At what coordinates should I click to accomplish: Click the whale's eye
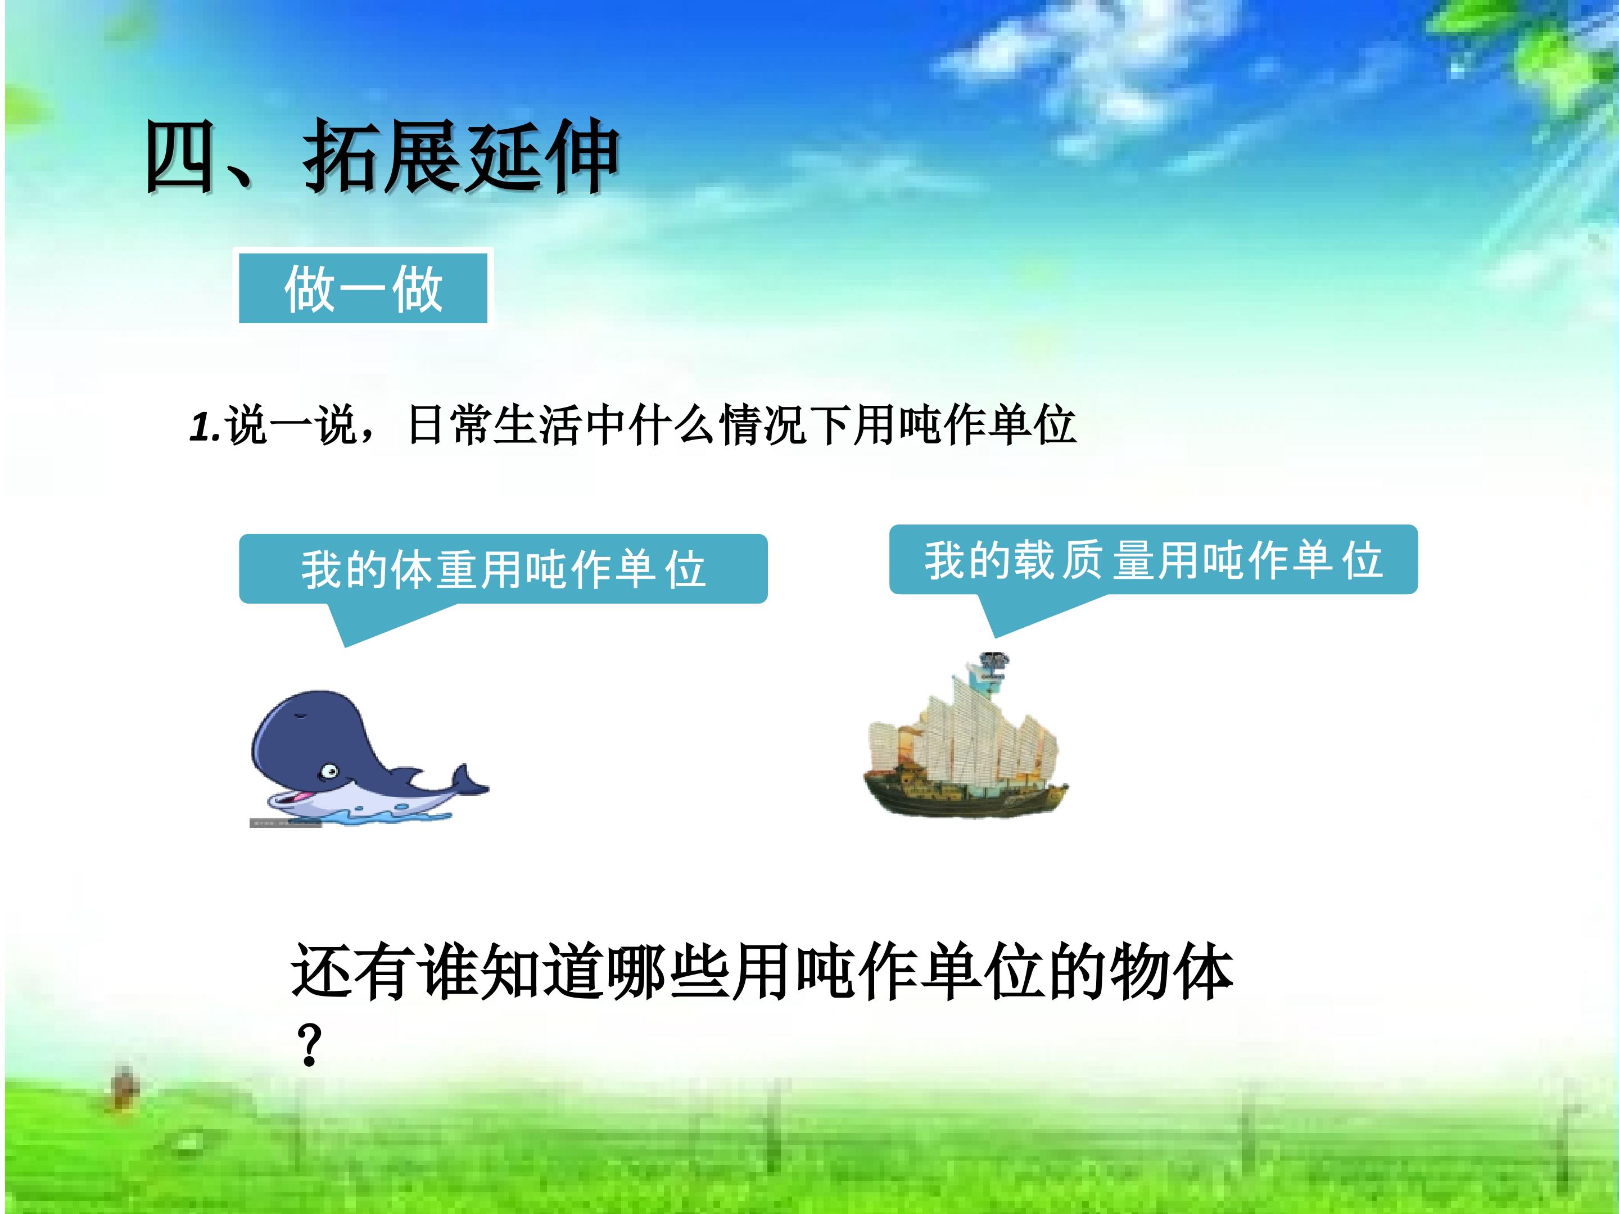coord(329,770)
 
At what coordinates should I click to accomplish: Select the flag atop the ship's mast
coord(992,667)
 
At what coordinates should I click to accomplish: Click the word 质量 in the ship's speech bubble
coord(1106,560)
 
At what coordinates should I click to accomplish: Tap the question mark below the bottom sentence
coord(310,1045)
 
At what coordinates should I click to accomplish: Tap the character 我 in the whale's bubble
coord(322,569)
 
